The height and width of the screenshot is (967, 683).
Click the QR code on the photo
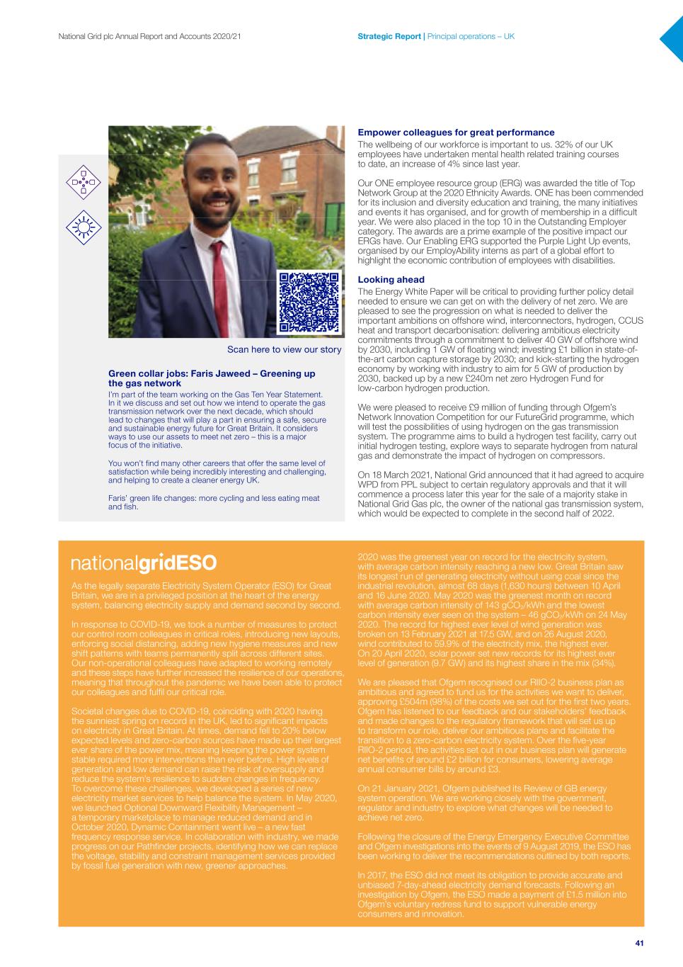click(309, 302)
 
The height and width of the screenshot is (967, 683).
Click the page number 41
click(639, 943)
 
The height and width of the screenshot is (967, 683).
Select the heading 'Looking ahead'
click(391, 280)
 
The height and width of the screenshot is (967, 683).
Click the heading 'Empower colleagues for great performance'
click(456, 132)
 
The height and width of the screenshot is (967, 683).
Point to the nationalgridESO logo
click(144, 563)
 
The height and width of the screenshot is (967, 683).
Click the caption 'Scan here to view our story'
click(284, 349)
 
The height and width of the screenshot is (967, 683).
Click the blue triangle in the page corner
click(673, 38)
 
